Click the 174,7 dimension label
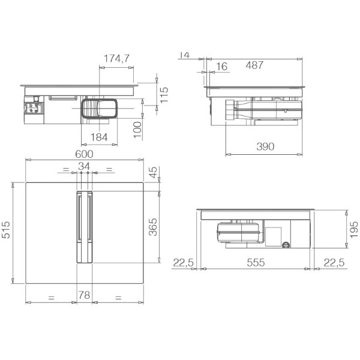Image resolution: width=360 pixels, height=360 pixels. point(116,59)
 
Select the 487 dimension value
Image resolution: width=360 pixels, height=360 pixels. point(254,65)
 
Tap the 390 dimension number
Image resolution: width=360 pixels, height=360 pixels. point(265,146)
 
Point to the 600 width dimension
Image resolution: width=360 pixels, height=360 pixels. point(84,154)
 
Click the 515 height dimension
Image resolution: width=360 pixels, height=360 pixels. point(6,230)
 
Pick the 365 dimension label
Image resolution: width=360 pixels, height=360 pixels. point(153,227)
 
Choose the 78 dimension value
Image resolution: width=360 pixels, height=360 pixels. point(84,295)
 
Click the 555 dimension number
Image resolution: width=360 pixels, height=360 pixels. point(256,263)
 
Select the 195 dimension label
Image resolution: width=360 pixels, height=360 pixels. point(354,230)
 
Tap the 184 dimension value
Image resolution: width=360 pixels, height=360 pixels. point(99,137)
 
